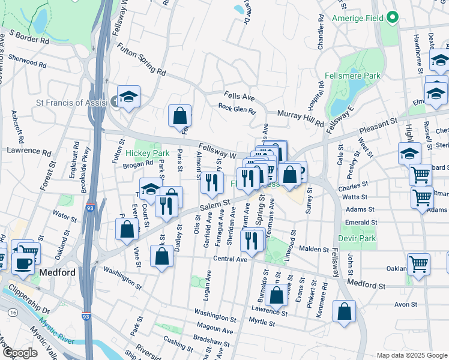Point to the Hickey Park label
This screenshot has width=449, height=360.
(x=148, y=154)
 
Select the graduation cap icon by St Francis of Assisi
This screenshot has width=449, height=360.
(x=128, y=97)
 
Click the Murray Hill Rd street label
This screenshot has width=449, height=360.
(x=300, y=117)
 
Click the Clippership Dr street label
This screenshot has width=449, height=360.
(x=28, y=302)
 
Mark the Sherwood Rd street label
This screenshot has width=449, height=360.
(x=24, y=61)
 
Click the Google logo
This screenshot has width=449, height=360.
(x=20, y=353)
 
